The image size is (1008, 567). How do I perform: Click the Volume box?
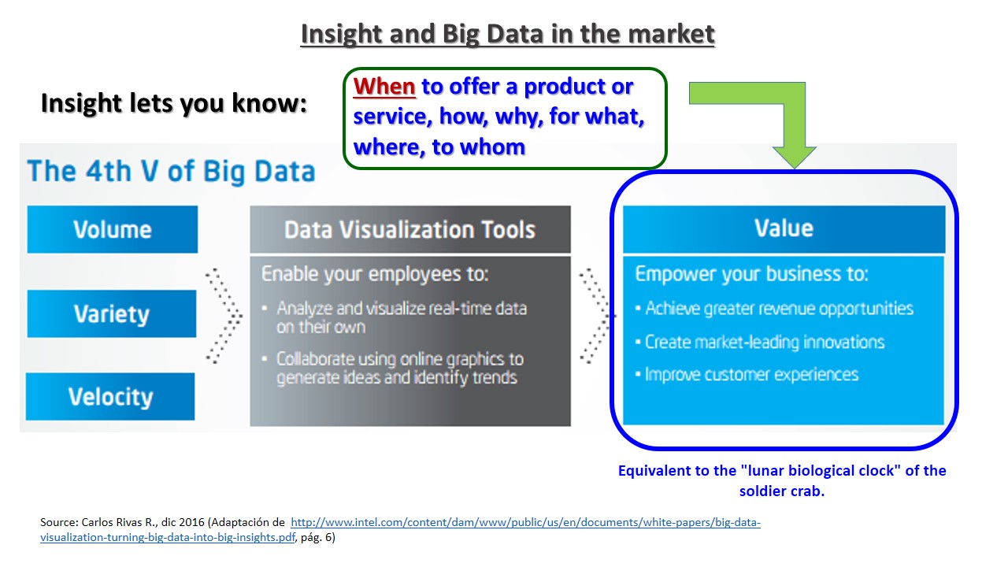coord(112,229)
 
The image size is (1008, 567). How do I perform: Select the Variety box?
coord(112,313)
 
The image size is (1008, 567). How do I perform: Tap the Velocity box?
coord(110,396)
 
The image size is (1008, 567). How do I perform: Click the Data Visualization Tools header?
coord(410,229)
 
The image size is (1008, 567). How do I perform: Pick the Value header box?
coord(784,229)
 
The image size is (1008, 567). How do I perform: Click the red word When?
coord(384,87)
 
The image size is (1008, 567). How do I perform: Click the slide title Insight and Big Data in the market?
coord(508,34)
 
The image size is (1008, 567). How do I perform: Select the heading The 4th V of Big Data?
coord(171,172)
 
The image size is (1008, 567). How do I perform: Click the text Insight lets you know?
coord(174,103)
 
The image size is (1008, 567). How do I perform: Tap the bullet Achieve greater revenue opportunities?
coord(774,309)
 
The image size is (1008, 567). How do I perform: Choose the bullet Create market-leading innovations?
coord(760,342)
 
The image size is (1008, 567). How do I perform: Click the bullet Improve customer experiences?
coord(747,374)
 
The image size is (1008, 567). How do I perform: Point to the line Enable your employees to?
coord(375,274)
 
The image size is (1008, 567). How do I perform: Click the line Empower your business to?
coord(751,274)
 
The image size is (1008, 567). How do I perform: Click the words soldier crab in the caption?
coord(781,491)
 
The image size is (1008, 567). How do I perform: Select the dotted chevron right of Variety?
coord(224,316)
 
